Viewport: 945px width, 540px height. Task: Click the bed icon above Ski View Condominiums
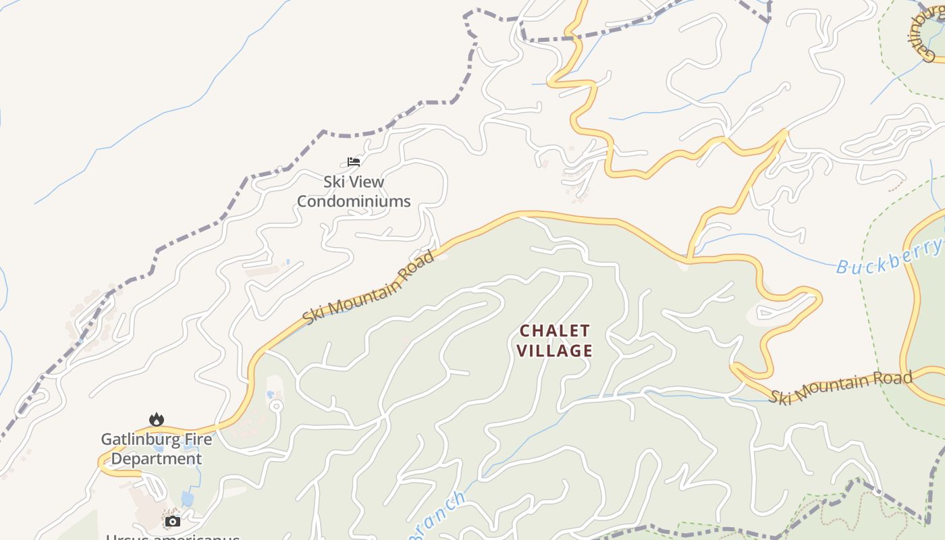(354, 161)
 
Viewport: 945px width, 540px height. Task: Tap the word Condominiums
(354, 201)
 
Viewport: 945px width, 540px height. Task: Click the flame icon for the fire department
(157, 419)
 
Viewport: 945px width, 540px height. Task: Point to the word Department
(157, 459)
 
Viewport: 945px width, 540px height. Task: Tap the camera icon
(173, 521)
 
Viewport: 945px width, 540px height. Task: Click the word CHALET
(555, 331)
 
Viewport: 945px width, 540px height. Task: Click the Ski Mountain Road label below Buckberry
(841, 387)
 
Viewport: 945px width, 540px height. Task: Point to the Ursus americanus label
(173, 536)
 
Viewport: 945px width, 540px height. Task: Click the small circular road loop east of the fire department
(275, 406)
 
